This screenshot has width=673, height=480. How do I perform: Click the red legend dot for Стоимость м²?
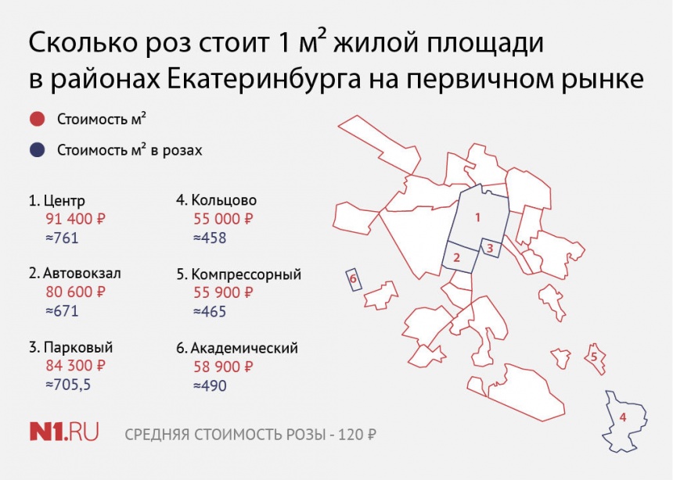(37, 119)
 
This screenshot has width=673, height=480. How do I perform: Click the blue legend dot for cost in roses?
(37, 149)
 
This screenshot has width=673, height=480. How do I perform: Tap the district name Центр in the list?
(64, 201)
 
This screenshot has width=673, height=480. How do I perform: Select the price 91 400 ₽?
(76, 219)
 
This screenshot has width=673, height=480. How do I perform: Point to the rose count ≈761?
(63, 238)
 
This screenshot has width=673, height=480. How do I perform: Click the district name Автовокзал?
(82, 274)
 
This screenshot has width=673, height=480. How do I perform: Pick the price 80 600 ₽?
(76, 292)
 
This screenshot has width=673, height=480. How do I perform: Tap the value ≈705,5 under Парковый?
(68, 385)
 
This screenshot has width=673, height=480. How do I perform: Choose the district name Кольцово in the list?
(224, 200)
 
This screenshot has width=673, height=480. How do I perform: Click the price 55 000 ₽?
(223, 219)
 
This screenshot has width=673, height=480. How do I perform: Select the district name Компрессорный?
(247, 274)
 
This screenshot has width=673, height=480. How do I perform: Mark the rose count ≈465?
(210, 311)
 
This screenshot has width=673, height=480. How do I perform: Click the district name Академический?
(244, 347)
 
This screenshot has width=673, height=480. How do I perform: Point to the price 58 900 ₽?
(223, 367)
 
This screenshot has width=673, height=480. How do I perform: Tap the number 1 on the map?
(477, 217)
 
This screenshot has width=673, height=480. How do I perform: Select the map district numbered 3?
(490, 248)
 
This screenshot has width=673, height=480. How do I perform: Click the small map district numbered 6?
(354, 280)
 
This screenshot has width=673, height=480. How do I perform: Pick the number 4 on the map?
(623, 417)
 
